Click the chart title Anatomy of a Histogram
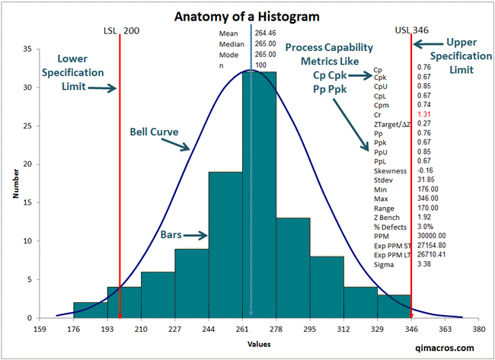(247, 15)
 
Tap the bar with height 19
(225, 244)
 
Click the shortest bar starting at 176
(90, 310)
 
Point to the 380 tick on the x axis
(478, 330)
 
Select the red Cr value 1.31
(424, 113)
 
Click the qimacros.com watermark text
(450, 347)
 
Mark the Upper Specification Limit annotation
(468, 56)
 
